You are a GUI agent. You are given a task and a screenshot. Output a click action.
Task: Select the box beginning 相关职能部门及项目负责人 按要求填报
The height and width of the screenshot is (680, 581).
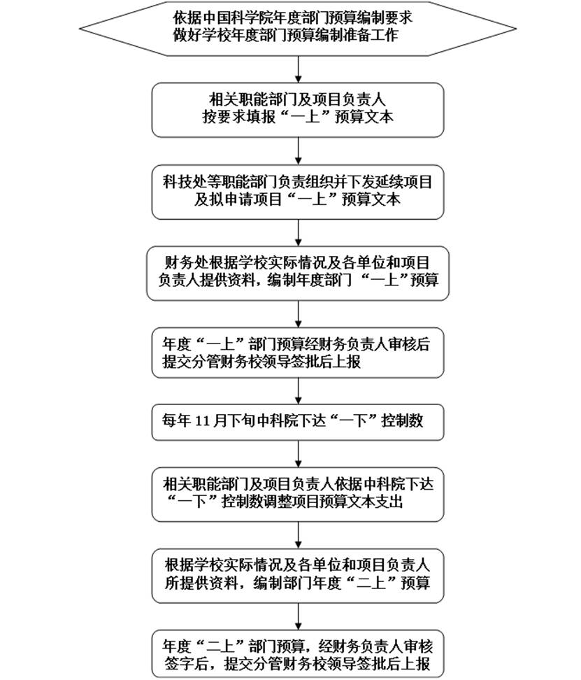coord(298,109)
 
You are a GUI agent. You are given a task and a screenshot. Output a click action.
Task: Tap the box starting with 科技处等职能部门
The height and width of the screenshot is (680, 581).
coord(298,190)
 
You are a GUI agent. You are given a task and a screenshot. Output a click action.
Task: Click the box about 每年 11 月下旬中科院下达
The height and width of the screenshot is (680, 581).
coord(298,422)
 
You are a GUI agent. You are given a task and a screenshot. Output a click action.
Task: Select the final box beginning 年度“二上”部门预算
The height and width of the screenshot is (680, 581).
coord(298,653)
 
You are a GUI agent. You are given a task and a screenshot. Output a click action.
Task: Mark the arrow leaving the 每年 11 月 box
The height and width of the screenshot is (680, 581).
coord(299,453)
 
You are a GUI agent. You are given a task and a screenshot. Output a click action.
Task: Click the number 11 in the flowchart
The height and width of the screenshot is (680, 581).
coord(202,422)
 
